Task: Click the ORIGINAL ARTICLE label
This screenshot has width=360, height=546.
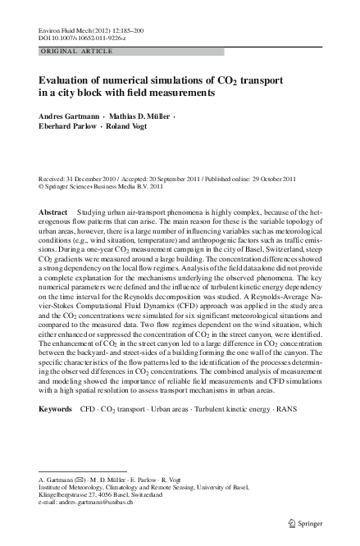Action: click(x=69, y=52)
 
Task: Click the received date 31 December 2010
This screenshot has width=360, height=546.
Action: click(x=91, y=176)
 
